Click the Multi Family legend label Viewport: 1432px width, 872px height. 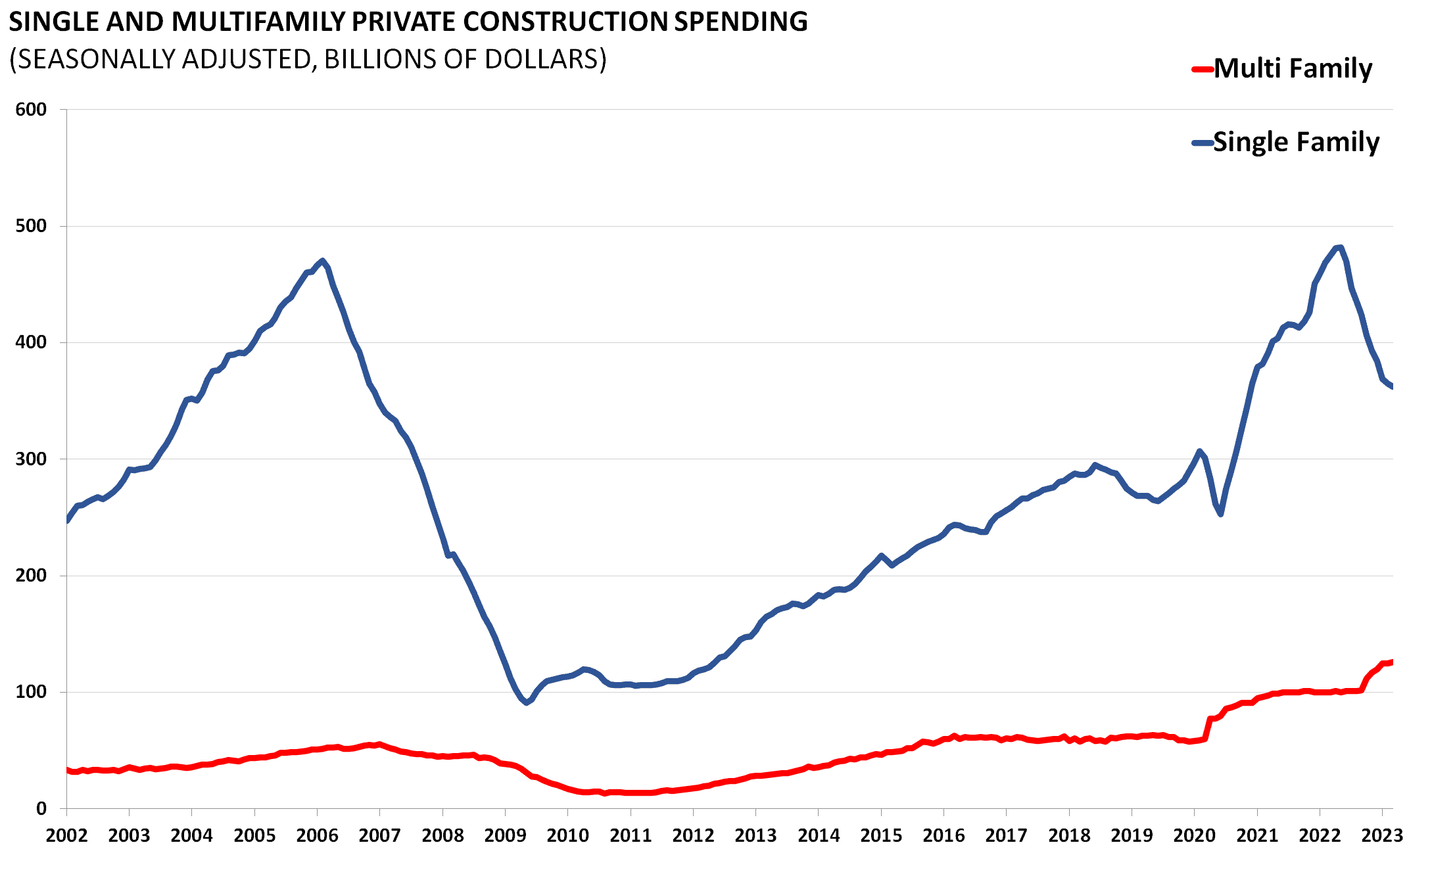point(1293,69)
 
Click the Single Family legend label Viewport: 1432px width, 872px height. point(1296,143)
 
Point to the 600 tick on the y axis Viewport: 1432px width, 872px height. point(32,110)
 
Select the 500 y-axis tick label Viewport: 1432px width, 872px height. point(32,226)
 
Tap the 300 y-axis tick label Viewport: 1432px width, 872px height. point(32,459)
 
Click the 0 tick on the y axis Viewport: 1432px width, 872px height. point(41,809)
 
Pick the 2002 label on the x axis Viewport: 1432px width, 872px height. point(66,836)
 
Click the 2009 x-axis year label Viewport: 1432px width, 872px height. point(505,836)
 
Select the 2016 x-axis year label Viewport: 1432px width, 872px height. point(943,836)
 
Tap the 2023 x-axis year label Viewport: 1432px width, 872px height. point(1382,836)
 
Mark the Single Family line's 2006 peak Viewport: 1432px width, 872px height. point(322,261)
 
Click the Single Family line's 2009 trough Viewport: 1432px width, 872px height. point(527,702)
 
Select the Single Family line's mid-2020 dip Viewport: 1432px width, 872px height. point(1220,514)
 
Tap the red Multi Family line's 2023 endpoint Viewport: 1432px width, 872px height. point(1391,662)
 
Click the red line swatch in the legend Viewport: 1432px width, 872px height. point(1203,69)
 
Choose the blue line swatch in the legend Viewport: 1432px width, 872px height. point(1203,143)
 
